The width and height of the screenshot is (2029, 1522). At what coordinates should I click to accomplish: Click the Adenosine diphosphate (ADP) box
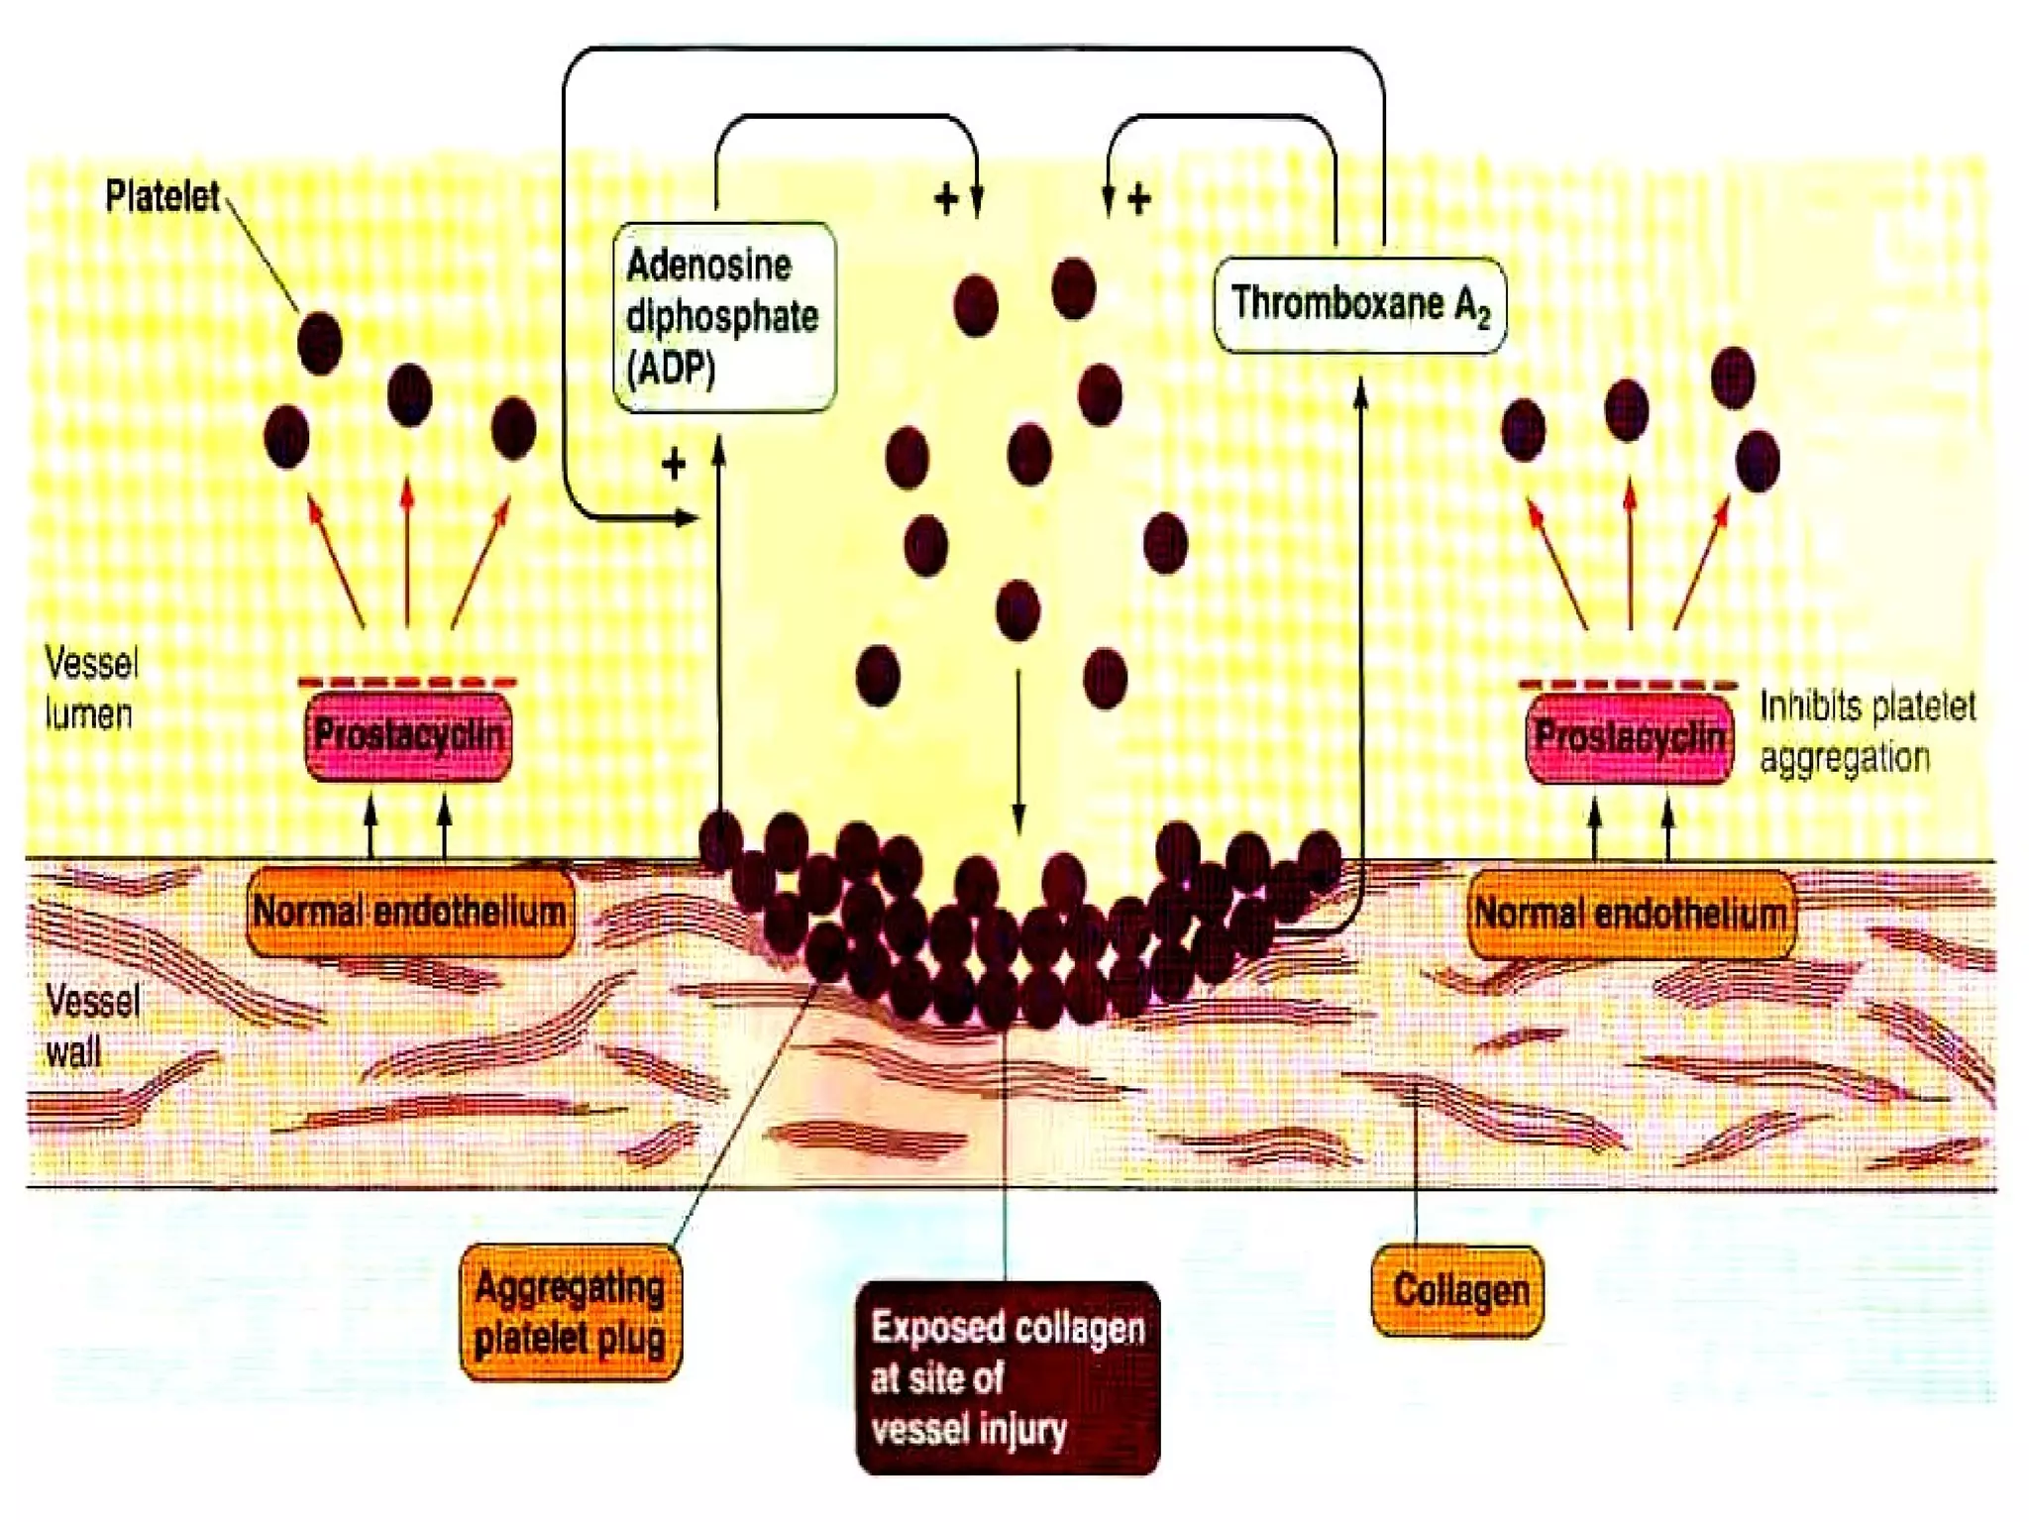[x=723, y=317]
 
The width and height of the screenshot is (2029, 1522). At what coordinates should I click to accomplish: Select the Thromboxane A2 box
[x=1359, y=304]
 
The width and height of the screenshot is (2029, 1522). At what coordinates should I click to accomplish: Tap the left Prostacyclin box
[x=408, y=736]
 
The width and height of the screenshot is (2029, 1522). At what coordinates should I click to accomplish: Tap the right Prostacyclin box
[x=1630, y=738]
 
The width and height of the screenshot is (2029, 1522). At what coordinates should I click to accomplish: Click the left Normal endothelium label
[x=409, y=912]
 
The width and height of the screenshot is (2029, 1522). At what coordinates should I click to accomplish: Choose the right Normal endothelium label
[x=1631, y=914]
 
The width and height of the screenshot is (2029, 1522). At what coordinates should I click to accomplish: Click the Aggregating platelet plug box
[x=570, y=1312]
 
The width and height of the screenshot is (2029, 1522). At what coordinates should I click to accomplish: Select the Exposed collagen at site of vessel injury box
[x=1007, y=1377]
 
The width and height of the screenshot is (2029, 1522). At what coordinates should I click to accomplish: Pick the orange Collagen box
[x=1458, y=1290]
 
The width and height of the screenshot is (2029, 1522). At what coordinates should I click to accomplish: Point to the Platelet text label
[x=162, y=196]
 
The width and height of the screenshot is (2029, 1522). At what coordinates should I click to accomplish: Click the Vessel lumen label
[x=90, y=689]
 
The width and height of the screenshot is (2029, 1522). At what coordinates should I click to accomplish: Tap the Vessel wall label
[x=91, y=1026]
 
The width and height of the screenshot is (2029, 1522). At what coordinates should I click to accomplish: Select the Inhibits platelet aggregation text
[x=1867, y=732]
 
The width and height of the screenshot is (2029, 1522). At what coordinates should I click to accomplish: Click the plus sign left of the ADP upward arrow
[x=674, y=465]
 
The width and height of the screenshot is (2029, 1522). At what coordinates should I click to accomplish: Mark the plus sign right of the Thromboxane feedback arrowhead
[x=1139, y=199]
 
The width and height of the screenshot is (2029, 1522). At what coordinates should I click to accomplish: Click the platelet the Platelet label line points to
[x=319, y=343]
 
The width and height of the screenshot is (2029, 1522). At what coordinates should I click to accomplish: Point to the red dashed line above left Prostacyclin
[x=407, y=683]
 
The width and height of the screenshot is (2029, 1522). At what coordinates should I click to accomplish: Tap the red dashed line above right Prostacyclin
[x=1628, y=684]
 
